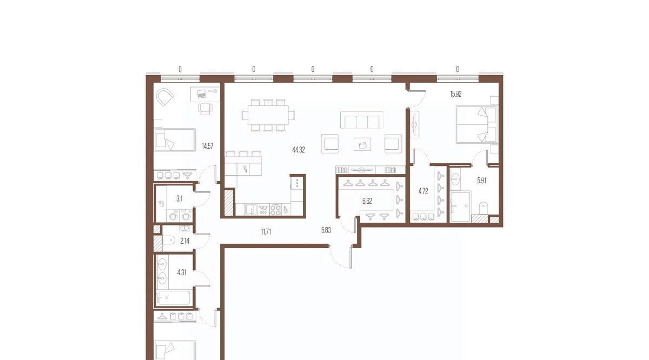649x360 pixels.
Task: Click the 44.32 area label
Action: (299, 150)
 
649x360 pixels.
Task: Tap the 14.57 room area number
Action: (208, 146)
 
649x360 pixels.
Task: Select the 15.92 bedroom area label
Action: (456, 94)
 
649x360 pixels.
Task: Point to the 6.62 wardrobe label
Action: (367, 201)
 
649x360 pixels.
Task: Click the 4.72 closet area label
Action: (423, 191)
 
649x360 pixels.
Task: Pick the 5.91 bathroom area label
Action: (481, 181)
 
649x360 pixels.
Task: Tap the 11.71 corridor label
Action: (266, 232)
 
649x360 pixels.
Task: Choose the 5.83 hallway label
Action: (326, 230)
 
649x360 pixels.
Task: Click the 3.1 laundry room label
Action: (180, 199)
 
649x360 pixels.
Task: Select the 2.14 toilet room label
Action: (184, 241)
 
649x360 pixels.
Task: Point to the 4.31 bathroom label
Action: (182, 272)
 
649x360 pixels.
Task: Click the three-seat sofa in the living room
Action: (362, 120)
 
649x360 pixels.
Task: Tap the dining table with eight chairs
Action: (268, 115)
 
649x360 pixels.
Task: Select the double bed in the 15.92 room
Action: (476, 125)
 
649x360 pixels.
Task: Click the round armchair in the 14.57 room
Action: (164, 98)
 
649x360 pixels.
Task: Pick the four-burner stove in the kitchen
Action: (275, 210)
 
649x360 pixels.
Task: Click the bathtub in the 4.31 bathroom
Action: (174, 298)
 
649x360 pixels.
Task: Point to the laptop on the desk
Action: (201, 94)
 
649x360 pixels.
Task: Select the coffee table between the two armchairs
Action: (362, 144)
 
